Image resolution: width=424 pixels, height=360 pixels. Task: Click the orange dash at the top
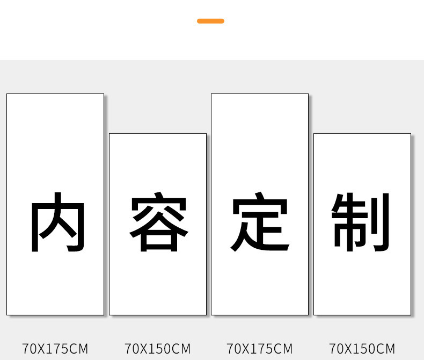[x=210, y=21]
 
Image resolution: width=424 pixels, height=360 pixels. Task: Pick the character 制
[x=361, y=223]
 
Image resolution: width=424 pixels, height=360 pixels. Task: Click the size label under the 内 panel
[x=55, y=348]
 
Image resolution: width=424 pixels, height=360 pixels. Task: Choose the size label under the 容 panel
[x=158, y=348]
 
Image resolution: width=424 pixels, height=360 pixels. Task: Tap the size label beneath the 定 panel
[x=260, y=348]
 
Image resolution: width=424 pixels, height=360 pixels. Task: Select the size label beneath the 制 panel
[x=362, y=348]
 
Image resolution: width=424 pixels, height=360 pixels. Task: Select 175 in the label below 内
[x=59, y=348]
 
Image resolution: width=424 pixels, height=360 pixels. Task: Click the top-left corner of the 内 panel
[x=7, y=94]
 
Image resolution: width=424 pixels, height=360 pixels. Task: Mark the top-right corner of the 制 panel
[x=410, y=134]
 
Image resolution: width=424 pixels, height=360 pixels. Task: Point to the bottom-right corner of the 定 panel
[x=308, y=314]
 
